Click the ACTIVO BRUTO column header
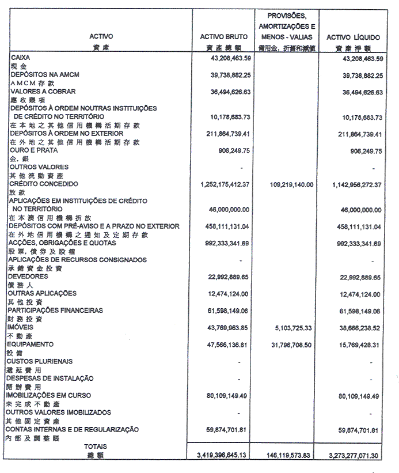pos(223,38)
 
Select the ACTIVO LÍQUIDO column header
pos(351,38)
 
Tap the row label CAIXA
pos(20,58)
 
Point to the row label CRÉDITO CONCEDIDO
pos(43,184)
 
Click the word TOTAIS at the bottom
pos(95,446)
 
